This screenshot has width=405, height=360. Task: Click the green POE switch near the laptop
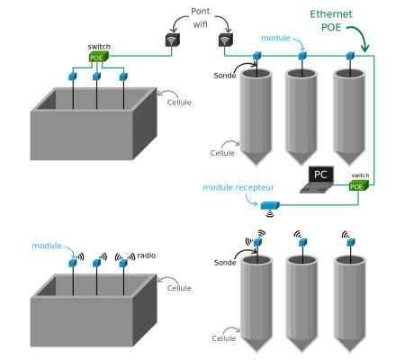coord(357,185)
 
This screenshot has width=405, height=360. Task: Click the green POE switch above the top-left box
coord(98,57)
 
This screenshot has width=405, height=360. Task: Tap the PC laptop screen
coord(320,175)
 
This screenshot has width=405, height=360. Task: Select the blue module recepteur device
coord(270,205)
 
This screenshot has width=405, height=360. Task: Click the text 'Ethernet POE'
coord(331,21)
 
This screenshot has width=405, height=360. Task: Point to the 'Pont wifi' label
coord(201,18)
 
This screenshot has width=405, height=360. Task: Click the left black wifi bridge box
coord(173,40)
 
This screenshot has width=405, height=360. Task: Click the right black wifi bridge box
coord(226,40)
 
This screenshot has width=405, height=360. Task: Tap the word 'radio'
coord(147,256)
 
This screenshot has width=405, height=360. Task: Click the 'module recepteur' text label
coord(238,187)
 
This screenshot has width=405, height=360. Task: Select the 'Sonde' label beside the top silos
coord(225,76)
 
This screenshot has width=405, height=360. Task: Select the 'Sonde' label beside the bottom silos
coord(225,263)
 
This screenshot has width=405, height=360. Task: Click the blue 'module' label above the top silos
coord(276,38)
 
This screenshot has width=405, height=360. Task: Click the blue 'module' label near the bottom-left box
coord(47,246)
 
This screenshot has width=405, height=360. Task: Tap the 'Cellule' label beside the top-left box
coord(179,103)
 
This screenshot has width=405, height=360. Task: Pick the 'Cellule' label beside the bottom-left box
coord(179,288)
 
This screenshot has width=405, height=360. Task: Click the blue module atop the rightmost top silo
coord(350,56)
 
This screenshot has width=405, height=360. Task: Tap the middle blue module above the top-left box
coord(96,76)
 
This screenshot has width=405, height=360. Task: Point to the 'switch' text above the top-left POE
coord(99,47)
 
